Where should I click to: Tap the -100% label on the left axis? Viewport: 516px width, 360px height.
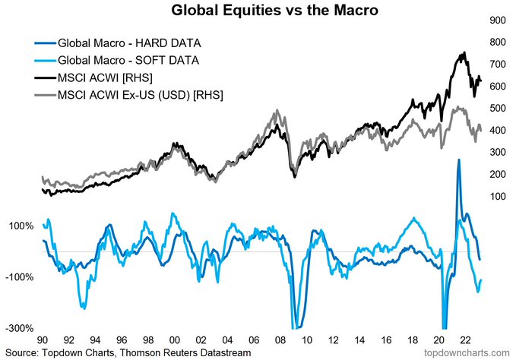18,277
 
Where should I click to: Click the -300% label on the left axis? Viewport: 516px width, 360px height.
18,328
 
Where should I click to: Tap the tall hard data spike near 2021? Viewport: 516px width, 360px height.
458,160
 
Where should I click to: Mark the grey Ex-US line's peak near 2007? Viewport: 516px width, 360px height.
277,111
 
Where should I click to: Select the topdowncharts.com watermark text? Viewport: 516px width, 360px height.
468,353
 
